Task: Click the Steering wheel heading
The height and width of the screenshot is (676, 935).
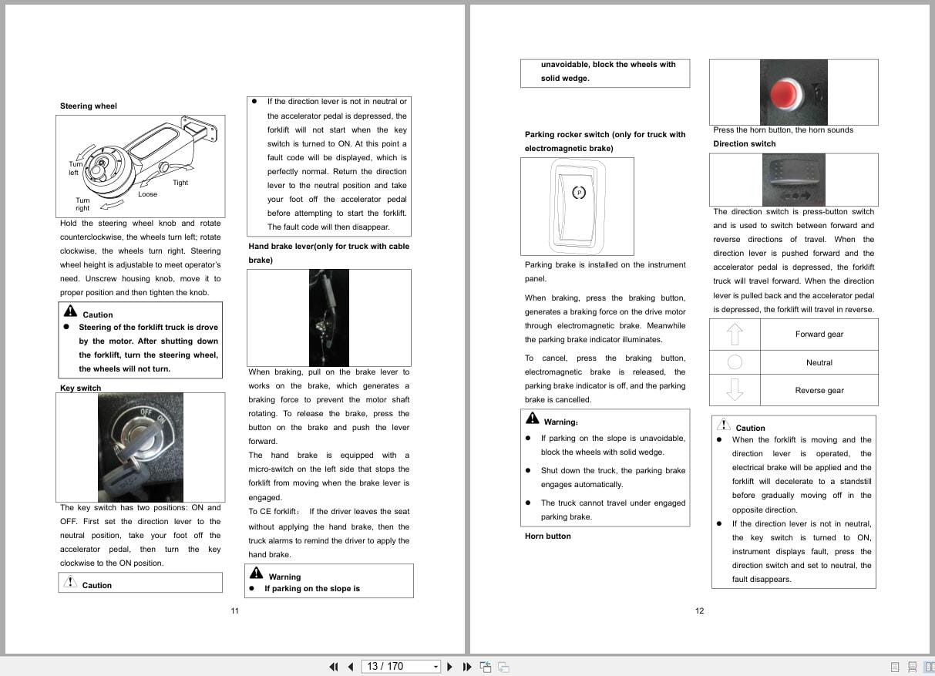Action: (89, 106)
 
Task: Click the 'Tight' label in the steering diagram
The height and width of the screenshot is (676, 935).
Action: (180, 183)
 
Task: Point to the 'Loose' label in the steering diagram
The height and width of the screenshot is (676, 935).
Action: (147, 194)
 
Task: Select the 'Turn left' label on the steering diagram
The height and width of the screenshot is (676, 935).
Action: (75, 168)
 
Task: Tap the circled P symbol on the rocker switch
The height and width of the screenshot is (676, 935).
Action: (579, 192)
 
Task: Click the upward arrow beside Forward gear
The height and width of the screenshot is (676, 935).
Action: (735, 334)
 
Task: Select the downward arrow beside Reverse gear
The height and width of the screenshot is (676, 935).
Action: (735, 389)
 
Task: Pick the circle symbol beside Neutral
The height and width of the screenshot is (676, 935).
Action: (735, 362)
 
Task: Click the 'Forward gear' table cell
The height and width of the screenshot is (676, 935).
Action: (819, 335)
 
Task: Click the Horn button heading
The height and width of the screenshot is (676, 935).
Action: (547, 536)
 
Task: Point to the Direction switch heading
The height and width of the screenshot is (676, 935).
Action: (744, 144)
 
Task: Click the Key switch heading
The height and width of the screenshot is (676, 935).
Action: (80, 388)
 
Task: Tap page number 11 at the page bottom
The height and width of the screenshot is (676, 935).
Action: (234, 611)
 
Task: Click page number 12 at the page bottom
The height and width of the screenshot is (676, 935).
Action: (699, 611)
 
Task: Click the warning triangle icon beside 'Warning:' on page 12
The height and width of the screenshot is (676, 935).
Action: (533, 419)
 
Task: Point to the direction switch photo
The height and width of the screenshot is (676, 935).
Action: (793, 179)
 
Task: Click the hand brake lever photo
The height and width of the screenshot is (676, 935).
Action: (328, 318)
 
